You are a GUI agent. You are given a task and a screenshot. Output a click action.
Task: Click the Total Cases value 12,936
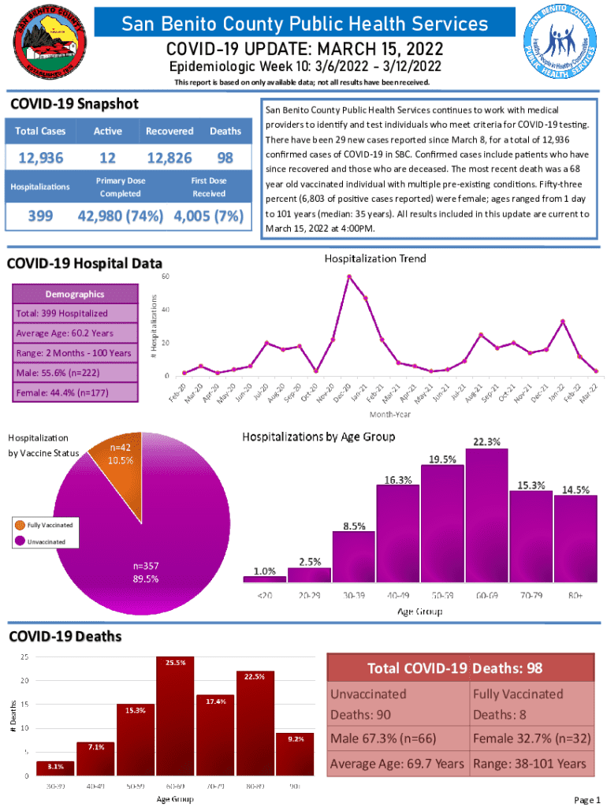pyautogui.click(x=41, y=158)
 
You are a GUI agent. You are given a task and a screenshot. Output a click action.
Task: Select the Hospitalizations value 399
pyautogui.click(x=41, y=216)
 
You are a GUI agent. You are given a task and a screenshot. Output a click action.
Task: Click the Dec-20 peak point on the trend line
pyautogui.click(x=348, y=276)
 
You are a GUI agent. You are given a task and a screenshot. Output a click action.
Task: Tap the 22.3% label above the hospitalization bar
pyautogui.click(x=485, y=441)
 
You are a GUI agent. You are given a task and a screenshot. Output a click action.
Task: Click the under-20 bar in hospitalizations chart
pyautogui.click(x=264, y=578)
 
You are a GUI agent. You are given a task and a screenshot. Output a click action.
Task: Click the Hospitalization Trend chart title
pyautogui.click(x=375, y=258)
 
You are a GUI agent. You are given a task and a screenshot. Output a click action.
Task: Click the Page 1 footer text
pyautogui.click(x=588, y=801)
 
